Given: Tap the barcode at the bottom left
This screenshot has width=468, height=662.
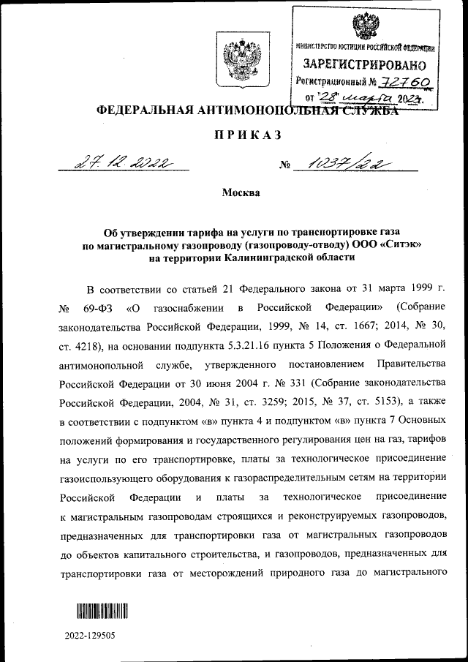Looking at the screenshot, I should coord(101,612).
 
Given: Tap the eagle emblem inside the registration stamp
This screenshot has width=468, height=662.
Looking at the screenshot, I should coord(363,27).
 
